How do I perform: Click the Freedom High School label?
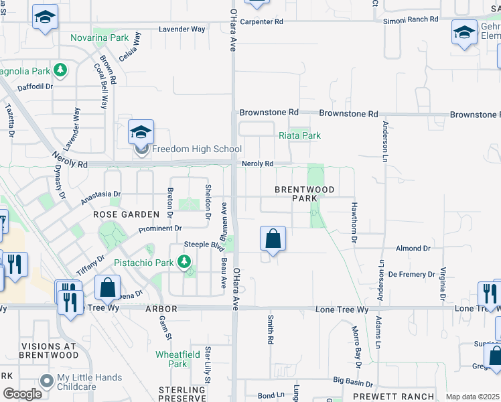tap(187, 149)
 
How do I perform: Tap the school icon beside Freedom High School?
tap(141, 131)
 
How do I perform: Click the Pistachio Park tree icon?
tap(184, 262)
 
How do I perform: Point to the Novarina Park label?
tap(100, 38)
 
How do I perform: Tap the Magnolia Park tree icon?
tap(60, 69)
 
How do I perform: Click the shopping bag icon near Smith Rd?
tap(273, 239)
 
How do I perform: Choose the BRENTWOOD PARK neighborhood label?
tap(305, 194)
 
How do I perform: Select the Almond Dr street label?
tap(413, 249)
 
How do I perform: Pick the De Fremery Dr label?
tap(413, 274)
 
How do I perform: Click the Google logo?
tap(22, 393)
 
